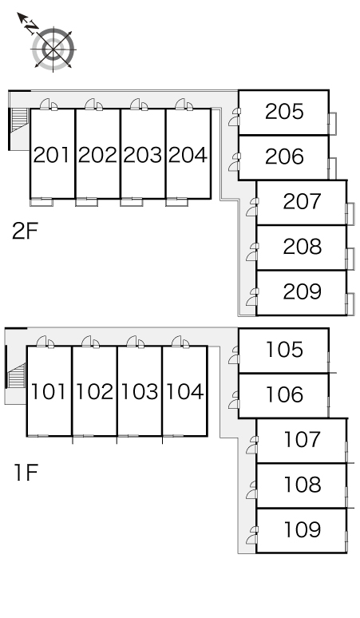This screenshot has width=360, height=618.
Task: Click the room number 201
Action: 52,155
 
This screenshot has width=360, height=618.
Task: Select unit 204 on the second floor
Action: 188,155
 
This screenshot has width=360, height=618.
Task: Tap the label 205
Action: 284,112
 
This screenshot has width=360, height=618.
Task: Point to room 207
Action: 302,201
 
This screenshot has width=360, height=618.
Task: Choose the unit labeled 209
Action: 302,291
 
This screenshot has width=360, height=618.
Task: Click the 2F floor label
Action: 25,232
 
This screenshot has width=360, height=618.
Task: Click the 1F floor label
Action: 26,473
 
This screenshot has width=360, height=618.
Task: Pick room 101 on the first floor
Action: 49,392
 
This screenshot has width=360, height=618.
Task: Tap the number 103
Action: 139,392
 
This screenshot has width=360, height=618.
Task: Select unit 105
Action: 284,350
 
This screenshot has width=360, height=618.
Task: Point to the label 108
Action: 302,485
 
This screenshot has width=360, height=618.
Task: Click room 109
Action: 302,529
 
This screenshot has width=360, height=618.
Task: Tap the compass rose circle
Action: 53,50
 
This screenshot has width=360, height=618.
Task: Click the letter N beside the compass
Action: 30,27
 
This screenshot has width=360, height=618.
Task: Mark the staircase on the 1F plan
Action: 17,376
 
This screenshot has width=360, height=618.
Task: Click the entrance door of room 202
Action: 93,105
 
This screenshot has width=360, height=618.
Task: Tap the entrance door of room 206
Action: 235,162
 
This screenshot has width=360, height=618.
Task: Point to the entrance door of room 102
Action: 90,342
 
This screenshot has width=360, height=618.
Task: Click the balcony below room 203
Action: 132,202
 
